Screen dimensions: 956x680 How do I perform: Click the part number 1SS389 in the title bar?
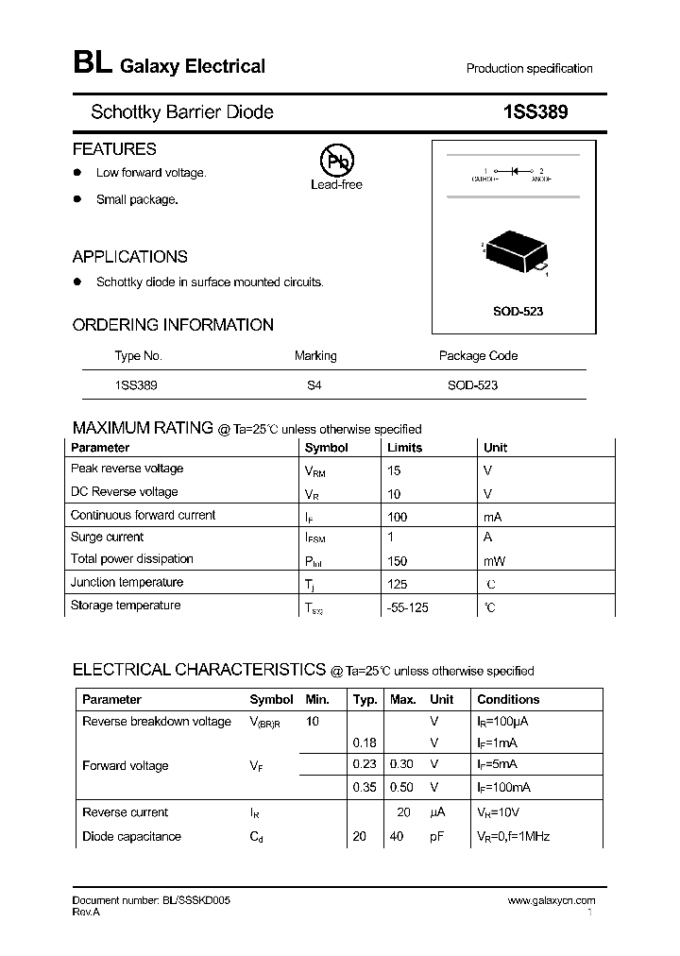coord(536,112)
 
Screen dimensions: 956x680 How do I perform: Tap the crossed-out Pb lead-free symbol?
coord(336,162)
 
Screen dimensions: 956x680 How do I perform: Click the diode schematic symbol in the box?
coord(515,171)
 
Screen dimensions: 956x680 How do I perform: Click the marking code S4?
coord(314,385)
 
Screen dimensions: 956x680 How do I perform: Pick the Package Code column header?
coord(478,356)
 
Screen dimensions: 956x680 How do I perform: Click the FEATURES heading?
coord(114,149)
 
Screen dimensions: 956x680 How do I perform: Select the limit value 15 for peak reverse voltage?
coord(394,469)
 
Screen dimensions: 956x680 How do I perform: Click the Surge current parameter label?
coord(107,537)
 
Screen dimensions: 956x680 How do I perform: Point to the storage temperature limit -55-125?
coord(408,607)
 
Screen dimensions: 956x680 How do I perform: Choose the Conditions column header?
coord(508,700)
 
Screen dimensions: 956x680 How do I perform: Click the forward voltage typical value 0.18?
coord(364,743)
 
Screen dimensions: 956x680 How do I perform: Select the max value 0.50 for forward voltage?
coord(402,787)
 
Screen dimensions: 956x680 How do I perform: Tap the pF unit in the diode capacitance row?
coord(436,837)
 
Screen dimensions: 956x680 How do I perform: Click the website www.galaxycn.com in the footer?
coord(552,901)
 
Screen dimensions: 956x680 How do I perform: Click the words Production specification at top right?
coord(529,68)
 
